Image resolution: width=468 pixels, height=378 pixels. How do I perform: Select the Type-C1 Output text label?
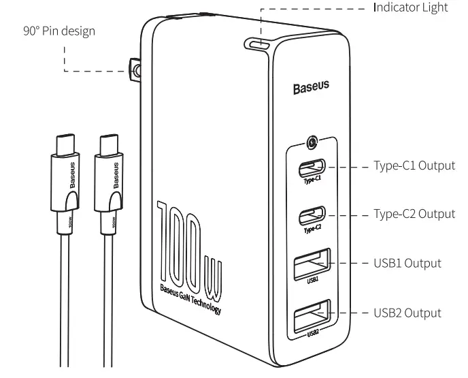414,166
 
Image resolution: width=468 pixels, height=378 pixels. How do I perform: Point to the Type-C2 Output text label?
414,214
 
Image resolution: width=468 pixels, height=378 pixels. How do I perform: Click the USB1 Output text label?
407,263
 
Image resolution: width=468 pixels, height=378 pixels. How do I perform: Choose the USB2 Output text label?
407,313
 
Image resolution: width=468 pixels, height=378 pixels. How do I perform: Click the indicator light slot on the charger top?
260,46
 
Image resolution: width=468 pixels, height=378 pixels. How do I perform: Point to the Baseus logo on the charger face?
311,87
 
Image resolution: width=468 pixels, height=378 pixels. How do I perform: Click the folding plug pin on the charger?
135,69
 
